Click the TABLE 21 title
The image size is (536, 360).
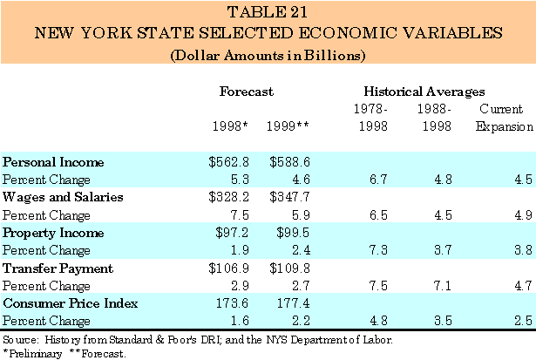[268, 14]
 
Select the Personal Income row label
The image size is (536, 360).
[54, 162]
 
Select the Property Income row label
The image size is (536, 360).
[54, 234]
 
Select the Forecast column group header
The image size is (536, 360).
[247, 91]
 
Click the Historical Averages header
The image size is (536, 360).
[423, 91]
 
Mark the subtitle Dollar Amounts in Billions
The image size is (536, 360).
[268, 54]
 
